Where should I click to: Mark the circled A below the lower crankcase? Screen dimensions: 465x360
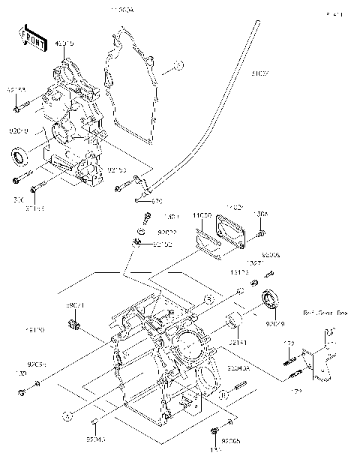click(67, 413)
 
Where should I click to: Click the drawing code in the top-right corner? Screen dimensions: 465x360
click(334, 14)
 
